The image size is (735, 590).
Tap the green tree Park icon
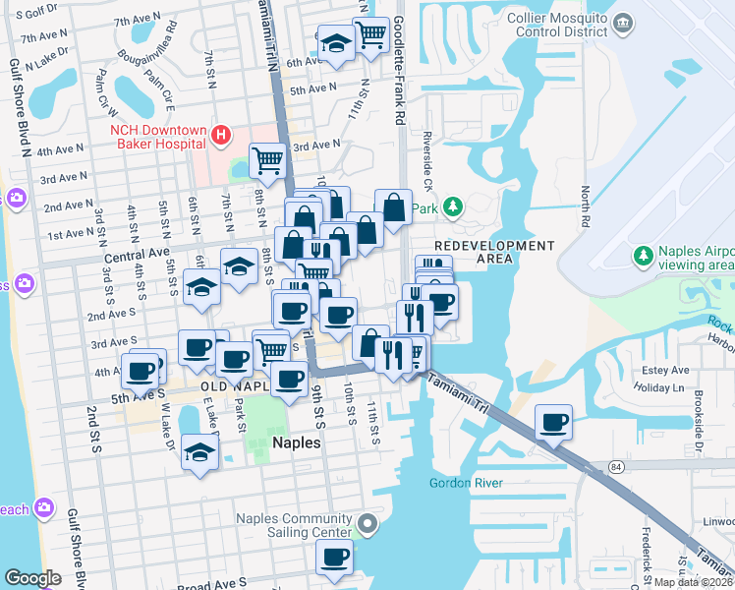pos(452,207)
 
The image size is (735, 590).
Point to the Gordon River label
pos(466,483)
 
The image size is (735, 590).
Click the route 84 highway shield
pos(616,464)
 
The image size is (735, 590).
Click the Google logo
pos(33,578)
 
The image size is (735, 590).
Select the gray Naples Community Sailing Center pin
pos(367,525)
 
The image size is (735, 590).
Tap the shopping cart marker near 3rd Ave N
pos(266,157)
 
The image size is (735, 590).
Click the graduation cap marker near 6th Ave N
pos(336,43)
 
